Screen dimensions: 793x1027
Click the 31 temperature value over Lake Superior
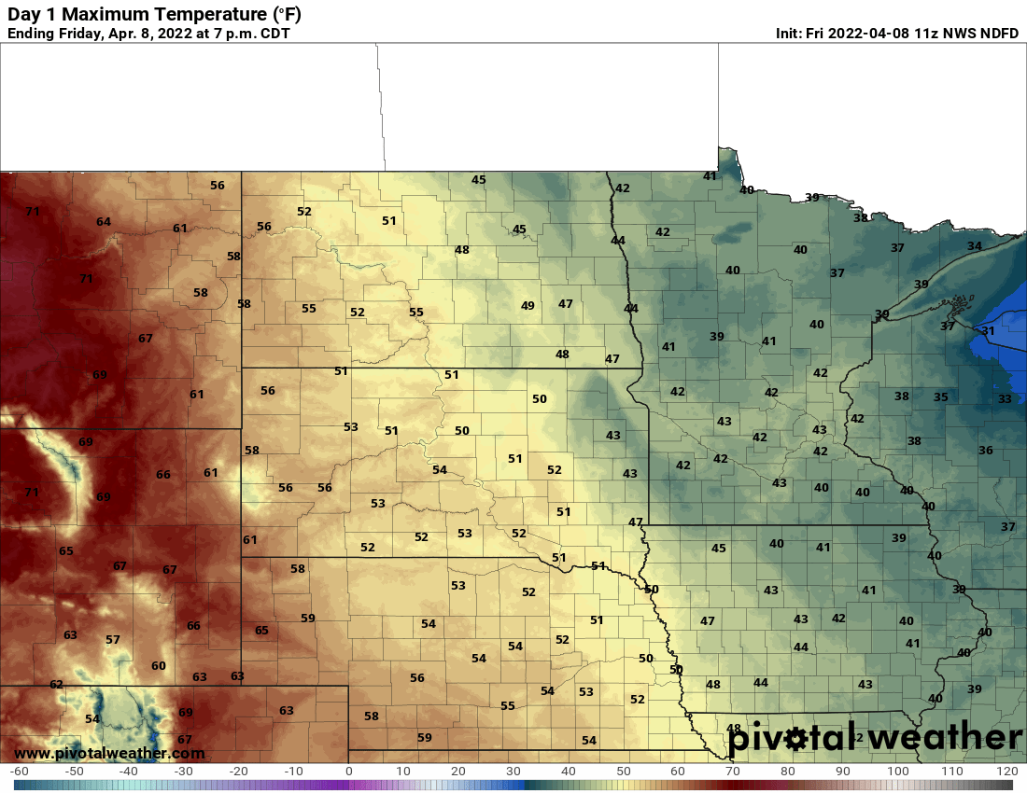(988, 331)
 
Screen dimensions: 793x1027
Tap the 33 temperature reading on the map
(1005, 398)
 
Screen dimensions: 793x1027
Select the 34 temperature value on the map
(974, 246)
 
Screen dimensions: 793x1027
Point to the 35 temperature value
(941, 397)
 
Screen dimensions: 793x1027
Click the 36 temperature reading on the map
(986, 451)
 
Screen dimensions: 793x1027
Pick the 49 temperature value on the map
(528, 306)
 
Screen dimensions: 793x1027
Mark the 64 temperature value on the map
(103, 222)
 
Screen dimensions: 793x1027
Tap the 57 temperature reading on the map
(113, 640)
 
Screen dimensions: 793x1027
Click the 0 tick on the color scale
(348, 772)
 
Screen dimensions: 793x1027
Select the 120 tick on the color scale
(1006, 772)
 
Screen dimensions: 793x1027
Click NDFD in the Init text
(999, 34)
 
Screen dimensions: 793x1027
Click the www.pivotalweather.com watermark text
(109, 753)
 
